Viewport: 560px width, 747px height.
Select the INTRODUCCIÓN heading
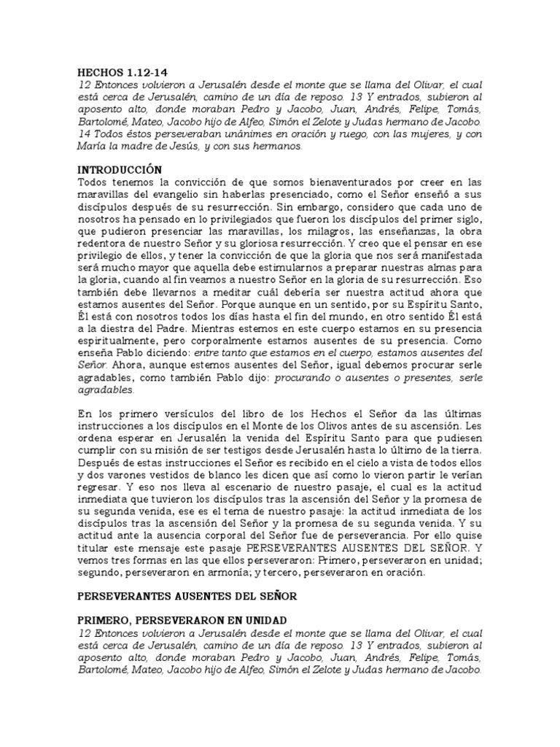[x=119, y=169]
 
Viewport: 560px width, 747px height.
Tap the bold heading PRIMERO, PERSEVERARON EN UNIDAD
[x=182, y=620]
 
